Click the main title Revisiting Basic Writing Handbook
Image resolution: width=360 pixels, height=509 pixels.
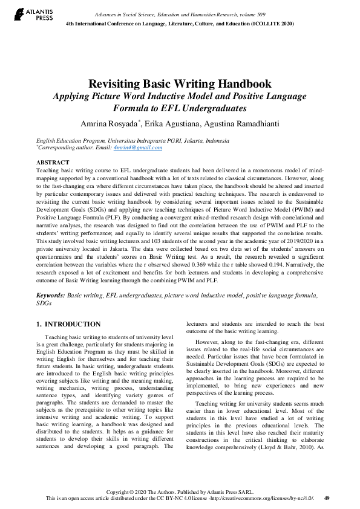pos(180,85)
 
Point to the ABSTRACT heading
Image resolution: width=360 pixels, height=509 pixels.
pos(53,163)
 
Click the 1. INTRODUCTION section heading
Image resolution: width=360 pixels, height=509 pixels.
pos(68,324)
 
